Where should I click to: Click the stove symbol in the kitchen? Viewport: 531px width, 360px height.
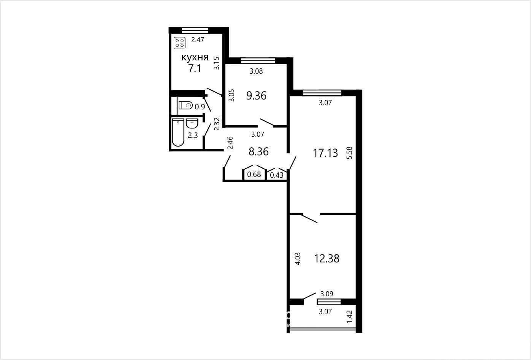[x=179, y=43]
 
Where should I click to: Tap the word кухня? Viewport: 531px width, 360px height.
[x=195, y=57]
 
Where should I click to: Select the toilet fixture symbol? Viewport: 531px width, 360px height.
[x=185, y=105]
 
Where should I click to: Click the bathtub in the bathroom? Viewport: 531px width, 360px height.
[x=178, y=133]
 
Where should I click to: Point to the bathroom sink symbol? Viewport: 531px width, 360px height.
[x=192, y=123]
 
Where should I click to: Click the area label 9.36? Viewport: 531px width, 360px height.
[x=256, y=96]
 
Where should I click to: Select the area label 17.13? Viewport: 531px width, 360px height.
[x=325, y=153]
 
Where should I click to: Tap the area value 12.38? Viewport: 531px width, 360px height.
[x=327, y=259]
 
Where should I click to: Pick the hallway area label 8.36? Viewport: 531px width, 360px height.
[x=258, y=152]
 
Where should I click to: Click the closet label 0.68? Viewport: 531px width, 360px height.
[x=254, y=175]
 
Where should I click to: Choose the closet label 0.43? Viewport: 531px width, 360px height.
[x=277, y=175]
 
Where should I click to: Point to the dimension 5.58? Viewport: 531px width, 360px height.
[x=349, y=153]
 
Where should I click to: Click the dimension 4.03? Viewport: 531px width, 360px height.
[x=298, y=259]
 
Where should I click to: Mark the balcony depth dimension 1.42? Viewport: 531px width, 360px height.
[x=349, y=317]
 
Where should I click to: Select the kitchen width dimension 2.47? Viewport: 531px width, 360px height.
[x=198, y=40]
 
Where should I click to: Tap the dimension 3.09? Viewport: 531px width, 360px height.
[x=327, y=294]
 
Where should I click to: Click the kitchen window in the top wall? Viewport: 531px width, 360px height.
[x=195, y=30]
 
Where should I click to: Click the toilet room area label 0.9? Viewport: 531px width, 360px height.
[x=200, y=107]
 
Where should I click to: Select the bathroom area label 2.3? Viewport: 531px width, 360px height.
[x=193, y=136]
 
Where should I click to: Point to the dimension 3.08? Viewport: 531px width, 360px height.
[x=256, y=71]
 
